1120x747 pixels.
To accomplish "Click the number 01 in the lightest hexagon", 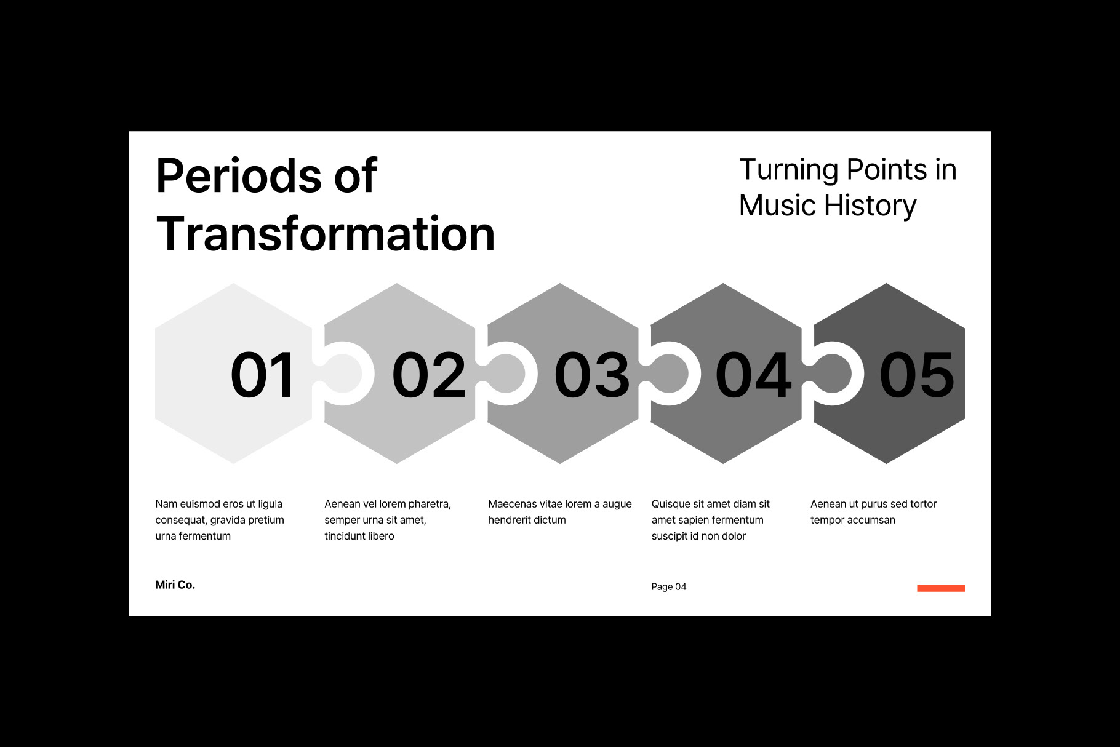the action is pyautogui.click(x=263, y=374).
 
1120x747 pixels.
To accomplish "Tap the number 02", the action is pyautogui.click(x=429, y=374).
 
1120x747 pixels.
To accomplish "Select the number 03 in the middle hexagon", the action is pyautogui.click(x=592, y=374).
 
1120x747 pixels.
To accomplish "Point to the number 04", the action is pyautogui.click(x=754, y=374).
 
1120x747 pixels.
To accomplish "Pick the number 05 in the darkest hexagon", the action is pyautogui.click(x=917, y=374).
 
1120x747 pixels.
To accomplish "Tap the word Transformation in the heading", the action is pyautogui.click(x=326, y=234).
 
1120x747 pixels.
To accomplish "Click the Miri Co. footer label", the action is pyautogui.click(x=175, y=585).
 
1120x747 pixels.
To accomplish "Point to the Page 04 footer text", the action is pyautogui.click(x=669, y=587).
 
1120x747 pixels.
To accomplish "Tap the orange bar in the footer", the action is pyautogui.click(x=941, y=588).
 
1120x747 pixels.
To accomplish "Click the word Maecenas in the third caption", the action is pyautogui.click(x=513, y=504).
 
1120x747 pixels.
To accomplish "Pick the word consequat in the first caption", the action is pyautogui.click(x=181, y=521).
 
